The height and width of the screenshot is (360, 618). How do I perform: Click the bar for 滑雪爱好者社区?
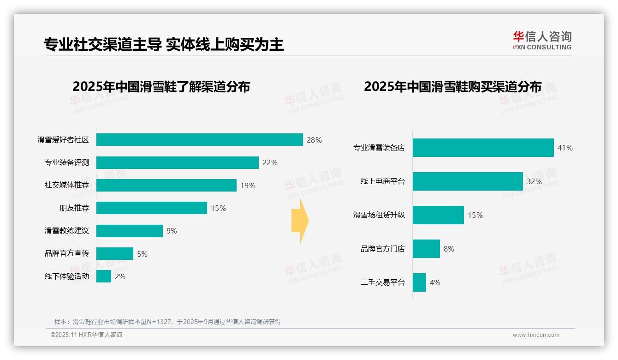199,140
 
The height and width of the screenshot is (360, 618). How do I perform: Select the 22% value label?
270,162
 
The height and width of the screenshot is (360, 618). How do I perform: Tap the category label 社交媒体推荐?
66,186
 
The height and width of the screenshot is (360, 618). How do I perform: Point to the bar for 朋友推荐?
151,208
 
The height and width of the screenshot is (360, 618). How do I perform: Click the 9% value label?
172,231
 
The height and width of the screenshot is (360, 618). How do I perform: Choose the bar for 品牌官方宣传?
114,254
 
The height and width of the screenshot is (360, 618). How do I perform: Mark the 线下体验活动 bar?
104,276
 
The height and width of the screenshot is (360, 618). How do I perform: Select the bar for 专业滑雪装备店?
483,148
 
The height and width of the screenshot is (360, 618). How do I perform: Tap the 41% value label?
565,148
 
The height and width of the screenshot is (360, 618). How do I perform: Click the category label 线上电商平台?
382,181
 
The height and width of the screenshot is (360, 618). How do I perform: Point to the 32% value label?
534,181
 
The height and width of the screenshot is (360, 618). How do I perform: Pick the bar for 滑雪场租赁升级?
438,215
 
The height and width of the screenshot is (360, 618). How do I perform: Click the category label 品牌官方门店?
382,249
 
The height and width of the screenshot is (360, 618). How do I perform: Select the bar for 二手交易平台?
419,282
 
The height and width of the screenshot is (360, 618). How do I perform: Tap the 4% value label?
435,282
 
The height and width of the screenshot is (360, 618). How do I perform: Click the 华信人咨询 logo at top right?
542,40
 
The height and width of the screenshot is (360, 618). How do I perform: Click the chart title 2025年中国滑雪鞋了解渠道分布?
161,87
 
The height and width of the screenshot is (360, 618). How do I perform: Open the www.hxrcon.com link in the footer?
535,335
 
